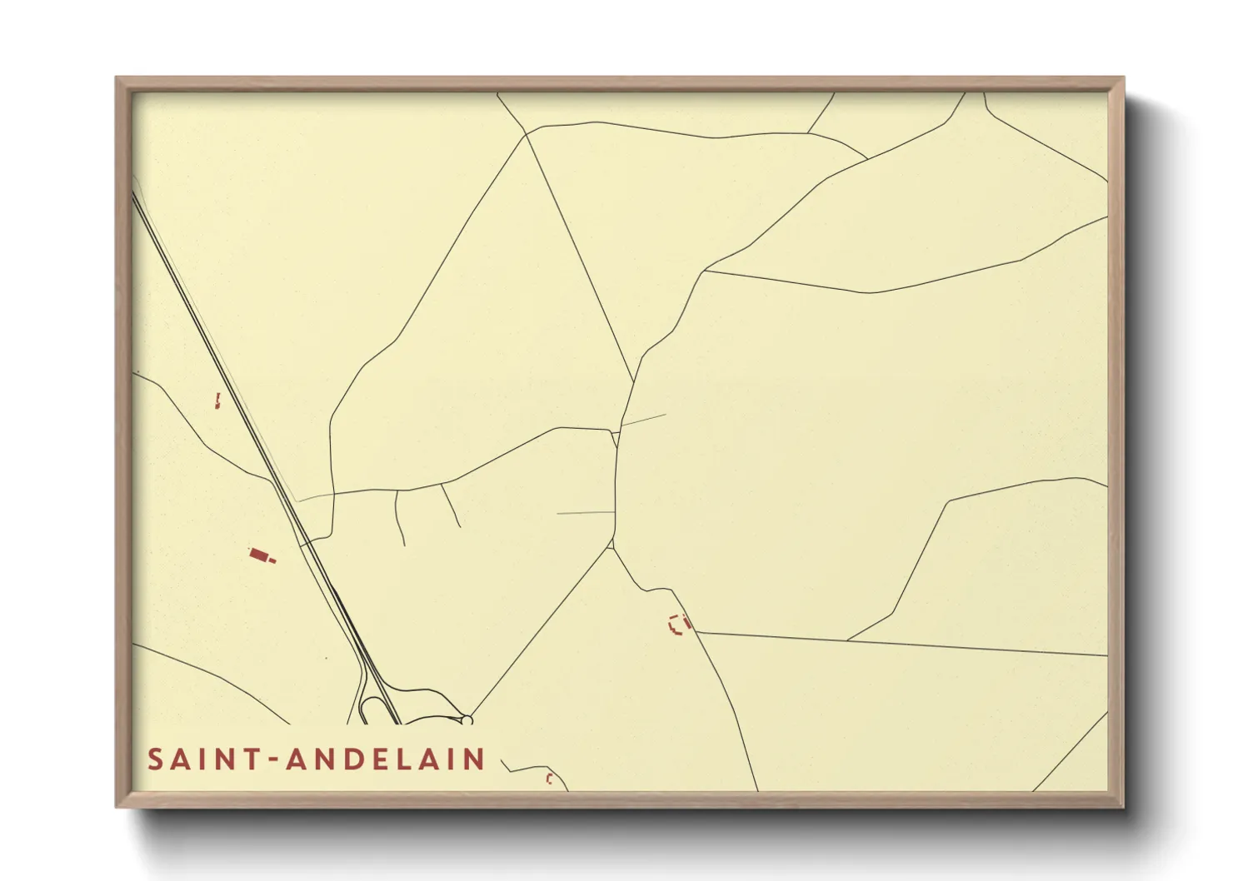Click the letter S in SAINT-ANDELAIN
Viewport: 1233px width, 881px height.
[x=155, y=759]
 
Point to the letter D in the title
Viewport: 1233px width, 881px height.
[x=350, y=759]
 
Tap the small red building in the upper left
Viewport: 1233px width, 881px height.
[x=217, y=401]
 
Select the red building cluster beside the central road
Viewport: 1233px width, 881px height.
[x=679, y=624]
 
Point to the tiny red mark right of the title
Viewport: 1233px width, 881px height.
[x=549, y=779]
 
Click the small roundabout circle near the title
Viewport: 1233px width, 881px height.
[x=467, y=719]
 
